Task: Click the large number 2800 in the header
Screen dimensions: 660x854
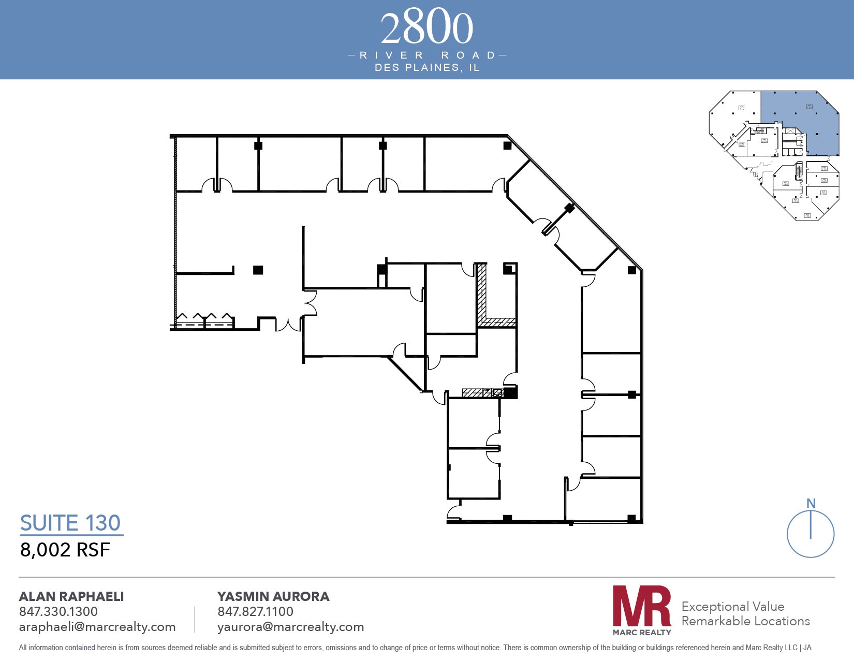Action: (427, 28)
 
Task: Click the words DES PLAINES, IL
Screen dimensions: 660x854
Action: (427, 68)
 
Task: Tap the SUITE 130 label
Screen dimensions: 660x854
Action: (70, 523)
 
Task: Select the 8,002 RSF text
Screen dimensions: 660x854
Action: (65, 550)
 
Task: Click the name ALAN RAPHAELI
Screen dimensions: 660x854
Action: (71, 596)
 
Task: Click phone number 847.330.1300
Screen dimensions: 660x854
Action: (58, 611)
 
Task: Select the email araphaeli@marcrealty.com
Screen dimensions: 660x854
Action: (97, 627)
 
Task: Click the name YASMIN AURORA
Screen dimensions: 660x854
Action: (273, 596)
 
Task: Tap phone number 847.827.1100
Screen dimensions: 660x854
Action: (255, 611)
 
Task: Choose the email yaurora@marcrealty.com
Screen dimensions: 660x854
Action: (290, 627)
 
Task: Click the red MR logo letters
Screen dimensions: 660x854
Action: (642, 607)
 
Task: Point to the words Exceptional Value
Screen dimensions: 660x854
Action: (733, 606)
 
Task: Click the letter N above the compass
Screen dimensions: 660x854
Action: (811, 503)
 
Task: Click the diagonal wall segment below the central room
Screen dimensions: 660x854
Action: (406, 374)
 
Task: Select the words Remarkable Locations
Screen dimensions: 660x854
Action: (745, 621)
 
